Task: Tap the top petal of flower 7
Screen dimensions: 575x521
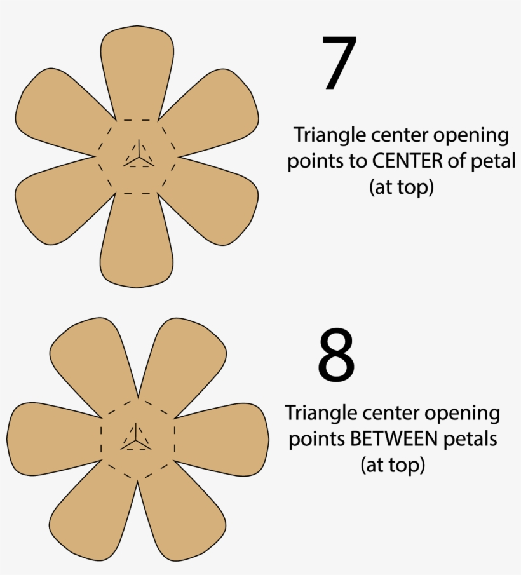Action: (x=137, y=70)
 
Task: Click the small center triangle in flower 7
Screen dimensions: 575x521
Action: (x=137, y=156)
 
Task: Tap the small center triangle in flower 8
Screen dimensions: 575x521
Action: (x=135, y=439)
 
